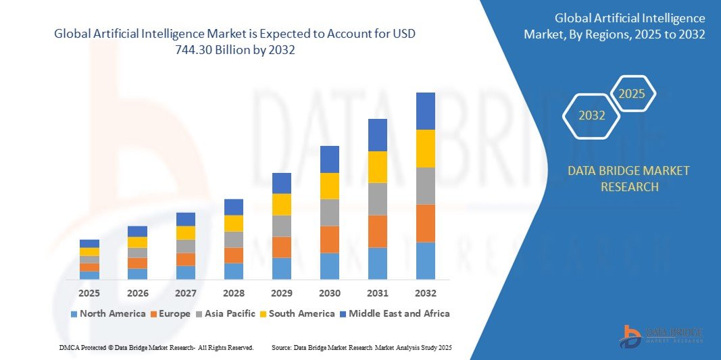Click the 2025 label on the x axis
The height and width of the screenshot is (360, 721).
[89, 293]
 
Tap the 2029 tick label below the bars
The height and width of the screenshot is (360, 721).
[281, 293]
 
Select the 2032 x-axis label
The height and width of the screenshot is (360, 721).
[425, 293]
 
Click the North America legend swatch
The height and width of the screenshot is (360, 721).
[74, 314]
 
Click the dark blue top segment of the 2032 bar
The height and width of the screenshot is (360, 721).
[425, 111]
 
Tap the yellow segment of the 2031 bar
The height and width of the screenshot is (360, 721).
[377, 167]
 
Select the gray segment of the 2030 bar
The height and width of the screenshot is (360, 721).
[329, 212]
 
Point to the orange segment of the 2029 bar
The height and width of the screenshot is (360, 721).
[281, 247]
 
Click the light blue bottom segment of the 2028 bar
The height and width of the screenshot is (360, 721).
[233, 271]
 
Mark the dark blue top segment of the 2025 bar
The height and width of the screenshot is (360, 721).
[89, 243]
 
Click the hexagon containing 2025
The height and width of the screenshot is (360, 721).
[632, 94]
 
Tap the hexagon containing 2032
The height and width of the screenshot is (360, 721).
[592, 115]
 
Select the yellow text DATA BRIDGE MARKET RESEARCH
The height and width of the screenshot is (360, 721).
[629, 179]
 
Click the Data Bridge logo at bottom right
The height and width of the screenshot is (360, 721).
[662, 336]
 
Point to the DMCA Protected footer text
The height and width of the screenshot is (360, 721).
[155, 347]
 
